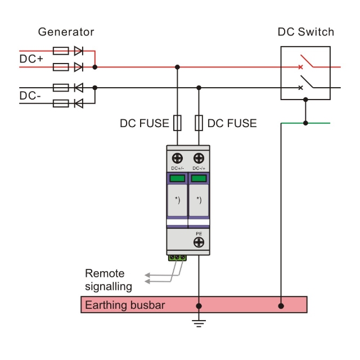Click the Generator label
[x=66, y=32]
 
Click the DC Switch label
[x=305, y=32]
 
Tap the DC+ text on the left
[x=32, y=58]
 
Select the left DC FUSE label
[x=144, y=123]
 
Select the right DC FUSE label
[x=232, y=123]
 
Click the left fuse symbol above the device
[x=178, y=123]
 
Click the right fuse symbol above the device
[x=198, y=123]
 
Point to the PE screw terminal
[x=199, y=242]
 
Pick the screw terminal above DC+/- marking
[x=178, y=158]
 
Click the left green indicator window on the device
[x=178, y=179]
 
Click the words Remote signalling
[x=109, y=280]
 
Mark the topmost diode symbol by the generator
[x=78, y=51]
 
